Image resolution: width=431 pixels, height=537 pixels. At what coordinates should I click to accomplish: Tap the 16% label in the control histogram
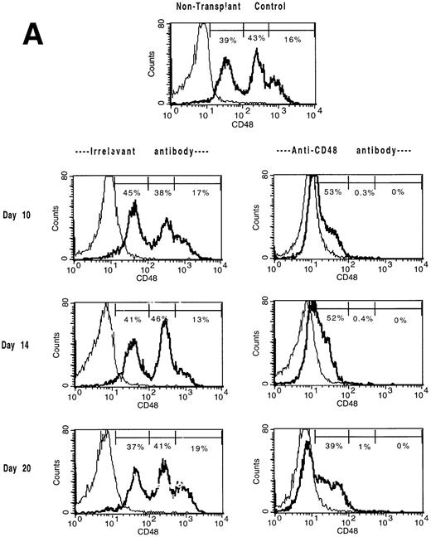293,40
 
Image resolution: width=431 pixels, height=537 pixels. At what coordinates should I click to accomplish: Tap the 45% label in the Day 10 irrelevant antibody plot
132,193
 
